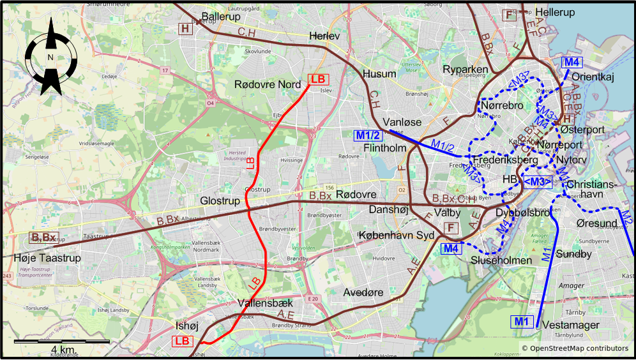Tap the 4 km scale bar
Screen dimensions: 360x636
click(62, 343)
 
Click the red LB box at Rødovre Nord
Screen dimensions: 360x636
click(318, 80)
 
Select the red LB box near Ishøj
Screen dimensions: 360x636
click(183, 341)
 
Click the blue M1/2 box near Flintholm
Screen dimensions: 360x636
click(368, 135)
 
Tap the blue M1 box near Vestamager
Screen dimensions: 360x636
click(522, 321)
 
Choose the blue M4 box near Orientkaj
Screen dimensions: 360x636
click(572, 62)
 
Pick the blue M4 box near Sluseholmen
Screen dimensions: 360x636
click(451, 248)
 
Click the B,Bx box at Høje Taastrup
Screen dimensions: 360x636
click(43, 238)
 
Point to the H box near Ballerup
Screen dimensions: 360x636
click(185, 28)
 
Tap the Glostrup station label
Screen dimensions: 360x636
click(220, 201)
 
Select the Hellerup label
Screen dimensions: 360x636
click(555, 12)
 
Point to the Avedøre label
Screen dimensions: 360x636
click(363, 292)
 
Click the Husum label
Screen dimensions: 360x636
click(379, 74)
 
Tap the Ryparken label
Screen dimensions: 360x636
click(466, 70)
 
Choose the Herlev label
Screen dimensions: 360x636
click(324, 36)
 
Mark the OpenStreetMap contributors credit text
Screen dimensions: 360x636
click(575, 349)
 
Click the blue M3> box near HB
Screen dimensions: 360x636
click(538, 182)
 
